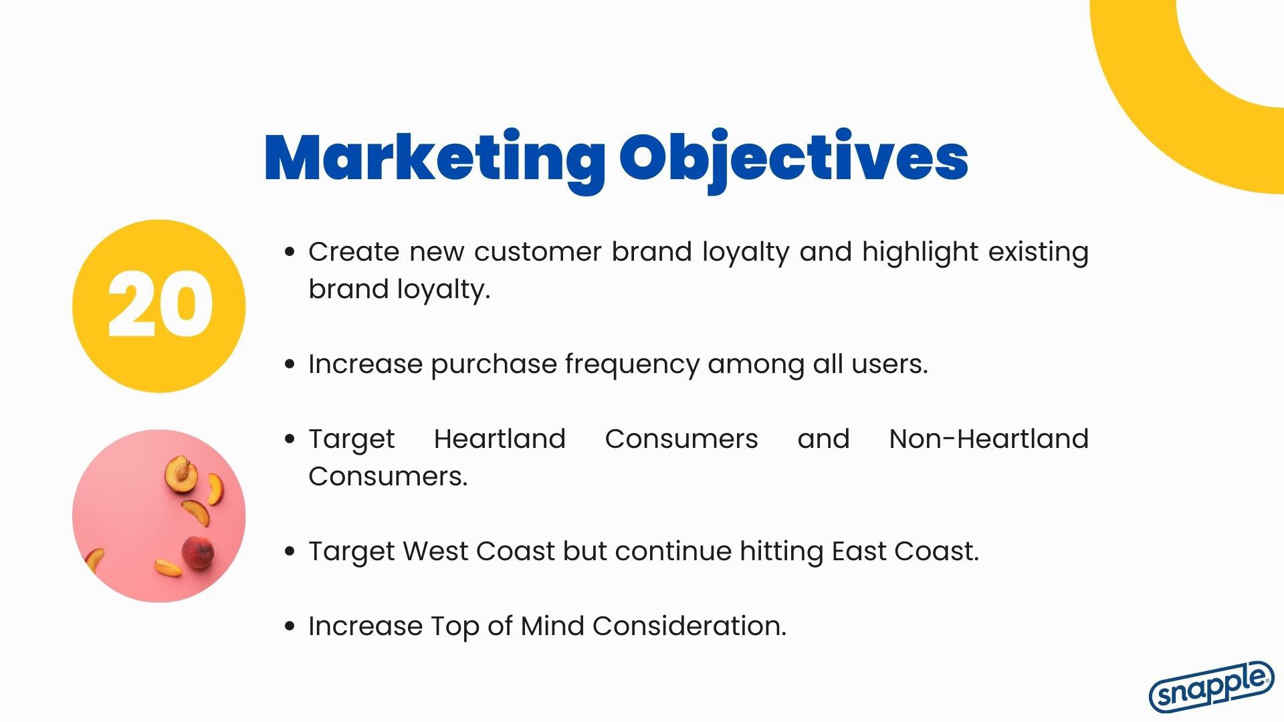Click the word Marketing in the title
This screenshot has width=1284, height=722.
[435, 158]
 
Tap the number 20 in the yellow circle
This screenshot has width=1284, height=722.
[160, 306]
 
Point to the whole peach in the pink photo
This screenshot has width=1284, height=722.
[199, 552]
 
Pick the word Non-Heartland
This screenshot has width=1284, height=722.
[988, 439]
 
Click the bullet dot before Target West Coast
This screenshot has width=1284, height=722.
[290, 552]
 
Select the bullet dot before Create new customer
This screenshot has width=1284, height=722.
[290, 252]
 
